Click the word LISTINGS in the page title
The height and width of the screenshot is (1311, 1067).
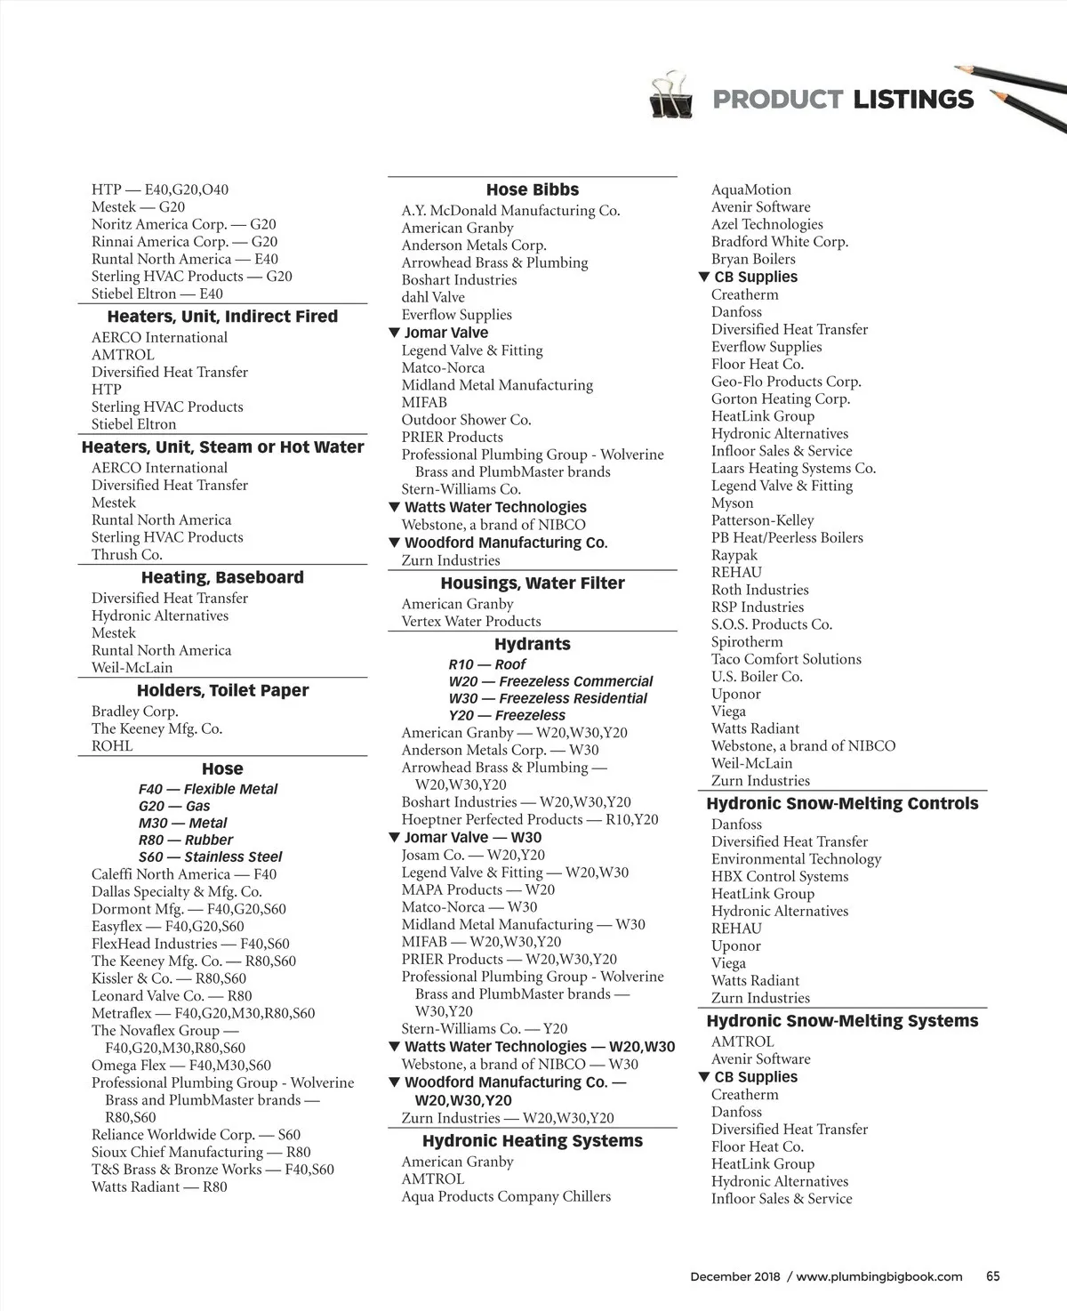click(x=913, y=100)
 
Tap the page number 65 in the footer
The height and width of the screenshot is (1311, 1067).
click(x=993, y=1275)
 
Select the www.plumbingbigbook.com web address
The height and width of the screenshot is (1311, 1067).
click(x=878, y=1276)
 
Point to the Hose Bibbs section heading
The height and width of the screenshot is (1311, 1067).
click(x=532, y=190)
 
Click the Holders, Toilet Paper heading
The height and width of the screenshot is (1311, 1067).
click(x=222, y=691)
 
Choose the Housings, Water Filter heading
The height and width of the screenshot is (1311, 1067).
click(x=532, y=583)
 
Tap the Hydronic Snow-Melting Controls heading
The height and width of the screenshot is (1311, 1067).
click(x=841, y=804)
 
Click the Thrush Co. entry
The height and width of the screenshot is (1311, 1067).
click(x=126, y=554)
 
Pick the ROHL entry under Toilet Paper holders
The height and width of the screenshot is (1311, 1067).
click(x=112, y=746)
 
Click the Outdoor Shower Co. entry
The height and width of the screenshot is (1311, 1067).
click(x=465, y=420)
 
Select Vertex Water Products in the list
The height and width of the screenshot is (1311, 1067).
click(x=470, y=622)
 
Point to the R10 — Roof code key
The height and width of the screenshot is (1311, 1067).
click(x=486, y=664)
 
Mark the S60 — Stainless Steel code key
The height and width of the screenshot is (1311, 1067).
click(x=210, y=857)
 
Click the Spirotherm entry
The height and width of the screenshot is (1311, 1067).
click(x=746, y=642)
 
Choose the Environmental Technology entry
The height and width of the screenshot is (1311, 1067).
click(x=796, y=859)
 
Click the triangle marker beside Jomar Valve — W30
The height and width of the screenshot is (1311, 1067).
click(x=394, y=837)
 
